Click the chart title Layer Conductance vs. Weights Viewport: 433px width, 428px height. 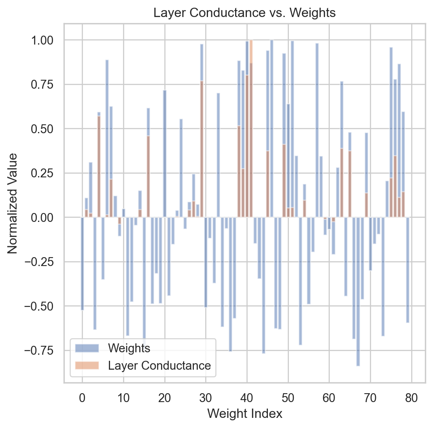tap(244, 13)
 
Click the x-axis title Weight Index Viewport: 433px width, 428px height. tap(244, 413)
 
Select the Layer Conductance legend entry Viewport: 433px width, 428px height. tap(159, 366)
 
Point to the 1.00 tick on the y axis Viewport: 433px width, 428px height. tap(47, 40)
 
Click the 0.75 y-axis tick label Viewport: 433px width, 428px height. tap(47, 84)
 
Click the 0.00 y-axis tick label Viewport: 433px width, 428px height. tap(47, 217)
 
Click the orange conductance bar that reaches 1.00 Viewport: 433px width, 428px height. tap(251, 121)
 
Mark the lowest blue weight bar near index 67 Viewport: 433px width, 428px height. tap(358, 292)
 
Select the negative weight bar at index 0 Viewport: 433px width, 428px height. tap(82, 263)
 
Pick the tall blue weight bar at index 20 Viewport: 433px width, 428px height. tap(165, 154)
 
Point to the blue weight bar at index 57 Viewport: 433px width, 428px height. tap(317, 130)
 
